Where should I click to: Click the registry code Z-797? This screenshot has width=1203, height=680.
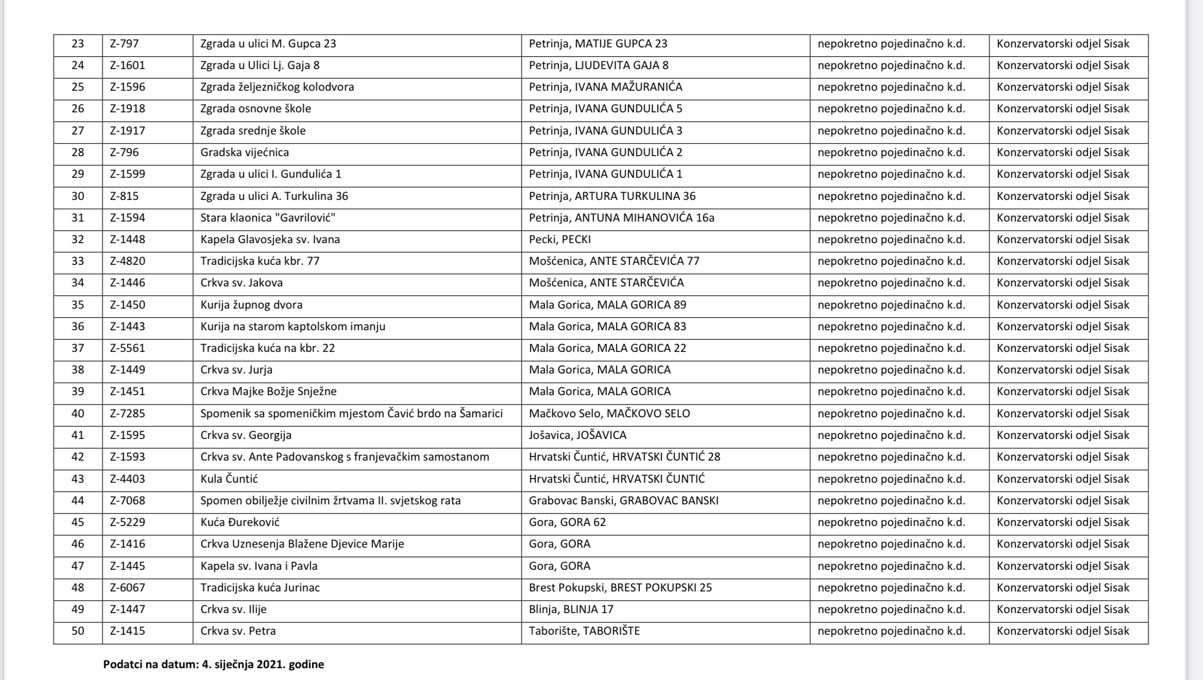tap(124, 44)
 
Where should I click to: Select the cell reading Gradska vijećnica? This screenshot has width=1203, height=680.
tap(245, 152)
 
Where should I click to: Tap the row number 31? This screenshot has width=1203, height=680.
tap(78, 218)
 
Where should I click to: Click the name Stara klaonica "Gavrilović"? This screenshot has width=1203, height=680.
tap(268, 218)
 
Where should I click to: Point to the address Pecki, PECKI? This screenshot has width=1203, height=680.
tap(560, 240)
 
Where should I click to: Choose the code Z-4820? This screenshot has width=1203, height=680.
tap(127, 261)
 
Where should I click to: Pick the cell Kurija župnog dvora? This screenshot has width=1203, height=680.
tap(251, 305)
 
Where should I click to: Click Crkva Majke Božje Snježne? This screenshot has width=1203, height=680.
tap(268, 392)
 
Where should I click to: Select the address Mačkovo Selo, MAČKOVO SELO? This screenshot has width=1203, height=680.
tap(609, 414)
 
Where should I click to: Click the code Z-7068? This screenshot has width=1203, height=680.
tap(127, 501)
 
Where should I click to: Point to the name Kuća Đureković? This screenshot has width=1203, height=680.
tap(240, 522)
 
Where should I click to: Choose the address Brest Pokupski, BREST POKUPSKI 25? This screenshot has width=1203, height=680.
tap(620, 588)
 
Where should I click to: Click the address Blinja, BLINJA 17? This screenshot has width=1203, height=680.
tap(571, 609)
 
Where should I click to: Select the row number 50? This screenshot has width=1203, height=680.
tap(78, 631)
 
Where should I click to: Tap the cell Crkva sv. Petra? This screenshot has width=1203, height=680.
tap(238, 631)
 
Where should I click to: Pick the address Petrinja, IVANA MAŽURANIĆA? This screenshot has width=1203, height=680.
tap(605, 87)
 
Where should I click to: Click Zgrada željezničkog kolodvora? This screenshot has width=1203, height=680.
tap(277, 87)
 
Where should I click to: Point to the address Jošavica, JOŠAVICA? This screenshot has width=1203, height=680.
tap(578, 435)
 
